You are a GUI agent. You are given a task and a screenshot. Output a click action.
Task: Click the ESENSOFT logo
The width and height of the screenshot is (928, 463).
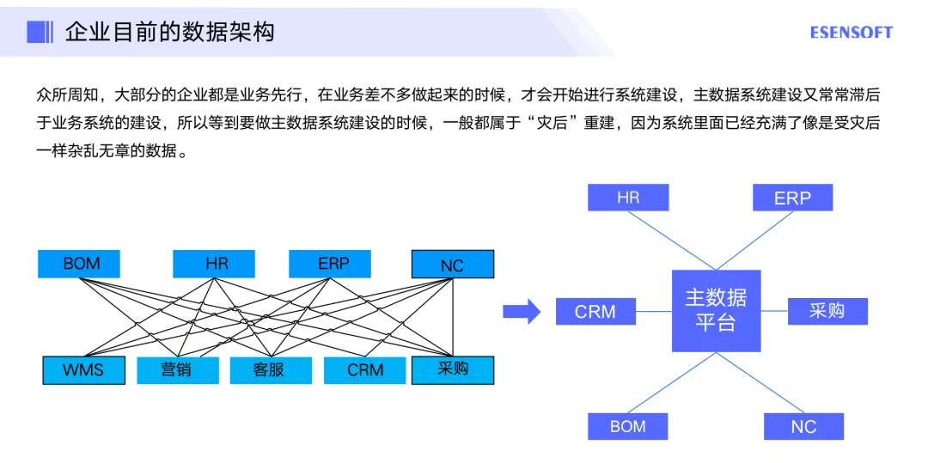pos(851,33)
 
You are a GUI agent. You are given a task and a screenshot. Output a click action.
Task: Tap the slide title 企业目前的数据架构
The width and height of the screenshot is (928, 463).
pos(170,33)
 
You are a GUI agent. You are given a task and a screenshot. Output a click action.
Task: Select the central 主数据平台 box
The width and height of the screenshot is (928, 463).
pos(716,310)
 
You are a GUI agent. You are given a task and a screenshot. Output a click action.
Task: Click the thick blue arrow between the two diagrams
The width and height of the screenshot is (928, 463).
pos(522,312)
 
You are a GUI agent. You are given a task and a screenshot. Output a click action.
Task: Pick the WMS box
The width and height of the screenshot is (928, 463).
pos(83,370)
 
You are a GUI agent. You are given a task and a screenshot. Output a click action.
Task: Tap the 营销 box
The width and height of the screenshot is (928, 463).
pos(177,370)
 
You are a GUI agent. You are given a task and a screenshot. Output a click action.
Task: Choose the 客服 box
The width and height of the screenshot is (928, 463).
pos(270,370)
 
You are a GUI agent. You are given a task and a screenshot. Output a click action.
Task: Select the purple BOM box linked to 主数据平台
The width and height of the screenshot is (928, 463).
pos(627,426)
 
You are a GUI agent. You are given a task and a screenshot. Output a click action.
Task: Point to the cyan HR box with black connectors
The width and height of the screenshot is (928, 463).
pos(214,264)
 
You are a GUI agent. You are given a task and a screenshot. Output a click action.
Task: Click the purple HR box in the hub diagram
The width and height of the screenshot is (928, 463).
pos(628,198)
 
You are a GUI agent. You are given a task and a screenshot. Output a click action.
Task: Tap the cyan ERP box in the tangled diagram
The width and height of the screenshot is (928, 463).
pos(331,264)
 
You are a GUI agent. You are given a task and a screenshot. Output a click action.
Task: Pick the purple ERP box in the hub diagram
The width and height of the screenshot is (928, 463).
pos(792,198)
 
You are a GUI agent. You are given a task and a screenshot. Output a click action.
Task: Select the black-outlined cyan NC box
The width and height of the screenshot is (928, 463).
pos(453,265)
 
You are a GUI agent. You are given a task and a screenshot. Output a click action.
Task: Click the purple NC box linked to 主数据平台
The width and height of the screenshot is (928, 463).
pos(803,426)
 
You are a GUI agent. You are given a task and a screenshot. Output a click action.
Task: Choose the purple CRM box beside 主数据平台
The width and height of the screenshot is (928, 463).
pos(595,312)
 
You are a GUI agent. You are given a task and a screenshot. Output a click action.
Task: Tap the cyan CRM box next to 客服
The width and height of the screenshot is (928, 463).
pos(364,370)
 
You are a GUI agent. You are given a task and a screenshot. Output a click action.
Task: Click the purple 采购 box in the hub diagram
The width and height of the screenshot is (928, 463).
pos(827,311)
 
